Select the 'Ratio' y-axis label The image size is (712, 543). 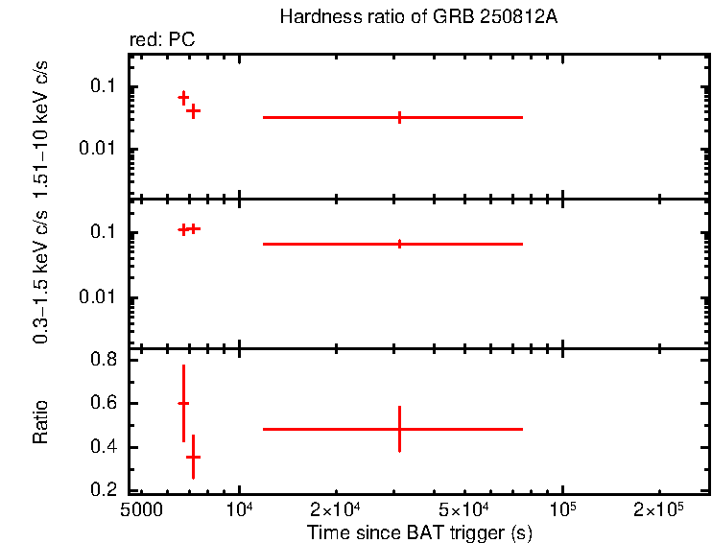point(40,423)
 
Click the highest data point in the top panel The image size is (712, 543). point(183,98)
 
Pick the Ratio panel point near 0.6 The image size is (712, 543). point(183,404)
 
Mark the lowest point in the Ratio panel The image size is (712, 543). point(193,457)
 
